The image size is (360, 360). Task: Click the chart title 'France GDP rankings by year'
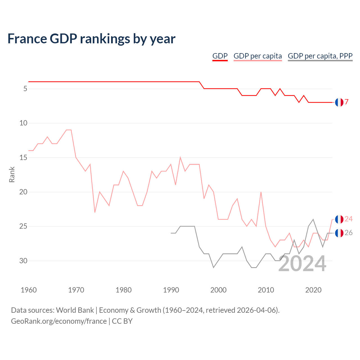coord(91,39)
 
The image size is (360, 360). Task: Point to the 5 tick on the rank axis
coord(25,89)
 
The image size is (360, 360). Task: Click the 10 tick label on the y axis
coord(23,123)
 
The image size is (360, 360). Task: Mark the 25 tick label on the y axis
coord(23,226)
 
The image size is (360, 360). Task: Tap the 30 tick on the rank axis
coord(23,261)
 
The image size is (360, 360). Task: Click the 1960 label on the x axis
coord(29,290)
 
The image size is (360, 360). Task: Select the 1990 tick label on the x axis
coord(171,290)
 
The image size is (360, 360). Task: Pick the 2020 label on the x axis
coord(313,290)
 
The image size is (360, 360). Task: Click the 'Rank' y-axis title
coord(12,174)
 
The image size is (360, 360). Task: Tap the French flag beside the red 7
coord(339,102)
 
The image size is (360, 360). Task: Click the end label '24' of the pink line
coord(348,219)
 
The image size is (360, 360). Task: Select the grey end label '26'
coord(348,233)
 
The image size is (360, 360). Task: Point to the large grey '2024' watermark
coord(302,264)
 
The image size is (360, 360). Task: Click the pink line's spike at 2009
coord(261,192)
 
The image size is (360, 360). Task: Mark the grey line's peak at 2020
coord(313,219)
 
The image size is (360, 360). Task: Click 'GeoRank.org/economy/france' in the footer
coord(59,321)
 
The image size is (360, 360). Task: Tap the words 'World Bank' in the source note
coord(75,310)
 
